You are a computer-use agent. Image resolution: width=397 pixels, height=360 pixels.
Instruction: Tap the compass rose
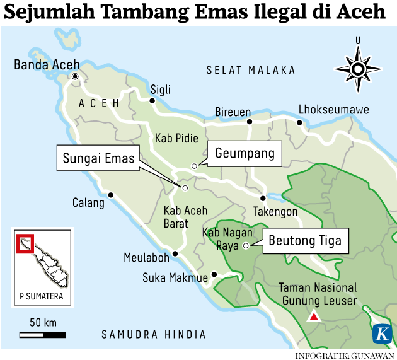[x=357, y=69]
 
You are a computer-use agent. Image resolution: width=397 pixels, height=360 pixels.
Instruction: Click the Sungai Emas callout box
[x=98, y=158]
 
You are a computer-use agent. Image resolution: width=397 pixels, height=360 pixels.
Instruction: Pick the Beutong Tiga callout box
[x=305, y=241]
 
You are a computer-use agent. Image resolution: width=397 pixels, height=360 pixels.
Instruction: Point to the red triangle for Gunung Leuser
[x=312, y=317]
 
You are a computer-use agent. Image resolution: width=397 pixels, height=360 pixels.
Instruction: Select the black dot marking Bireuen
[x=250, y=122]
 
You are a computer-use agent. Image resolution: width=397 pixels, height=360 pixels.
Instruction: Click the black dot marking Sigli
[x=152, y=100]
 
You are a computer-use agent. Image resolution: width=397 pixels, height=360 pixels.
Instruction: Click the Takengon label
[x=275, y=212]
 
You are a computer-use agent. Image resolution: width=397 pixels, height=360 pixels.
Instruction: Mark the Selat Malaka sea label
[x=251, y=70]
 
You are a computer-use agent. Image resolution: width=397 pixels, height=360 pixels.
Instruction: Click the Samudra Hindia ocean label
[x=154, y=334]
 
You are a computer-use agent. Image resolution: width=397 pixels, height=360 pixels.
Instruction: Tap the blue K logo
[x=381, y=334]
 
